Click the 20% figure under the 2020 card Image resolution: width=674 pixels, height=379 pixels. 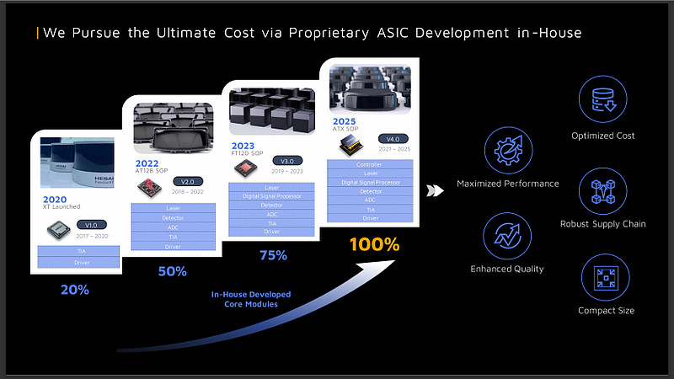coord(74,289)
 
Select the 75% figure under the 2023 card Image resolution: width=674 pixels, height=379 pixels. coord(273,255)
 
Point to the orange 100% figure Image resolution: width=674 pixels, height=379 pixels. coord(374,245)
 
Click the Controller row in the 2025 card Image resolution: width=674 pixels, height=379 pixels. coord(369,164)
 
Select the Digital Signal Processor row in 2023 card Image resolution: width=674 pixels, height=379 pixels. coord(271,196)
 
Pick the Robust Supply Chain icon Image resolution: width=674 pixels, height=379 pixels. coord(602,190)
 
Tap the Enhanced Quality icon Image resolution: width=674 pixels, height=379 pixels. coord(507,237)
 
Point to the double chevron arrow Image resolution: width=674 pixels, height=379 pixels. coord(436,190)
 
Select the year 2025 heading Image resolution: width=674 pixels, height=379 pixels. coord(344,121)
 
